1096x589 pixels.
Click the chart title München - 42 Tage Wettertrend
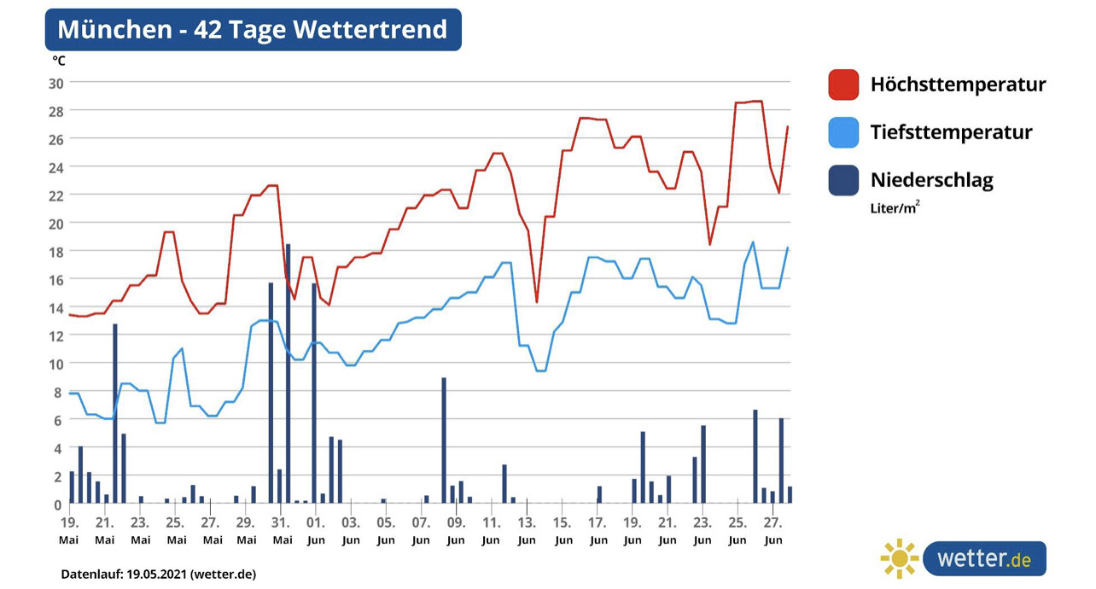tap(252, 30)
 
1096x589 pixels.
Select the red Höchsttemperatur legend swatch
tap(843, 85)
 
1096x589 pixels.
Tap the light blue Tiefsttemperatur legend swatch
tap(843, 132)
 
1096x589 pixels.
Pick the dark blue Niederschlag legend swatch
tap(843, 180)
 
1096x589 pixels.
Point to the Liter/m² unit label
tap(895, 207)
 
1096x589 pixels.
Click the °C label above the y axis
tap(59, 61)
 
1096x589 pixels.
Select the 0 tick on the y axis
tap(58, 504)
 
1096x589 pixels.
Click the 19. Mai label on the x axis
tap(69, 530)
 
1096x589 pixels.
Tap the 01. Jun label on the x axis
tap(316, 530)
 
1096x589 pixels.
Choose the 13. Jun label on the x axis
tap(527, 530)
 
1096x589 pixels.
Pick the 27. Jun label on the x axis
tap(772, 530)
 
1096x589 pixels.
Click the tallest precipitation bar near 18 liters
tap(289, 374)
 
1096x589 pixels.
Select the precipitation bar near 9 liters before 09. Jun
tap(444, 440)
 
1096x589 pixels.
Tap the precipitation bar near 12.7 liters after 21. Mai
tap(115, 413)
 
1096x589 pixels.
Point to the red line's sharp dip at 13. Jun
tap(536, 300)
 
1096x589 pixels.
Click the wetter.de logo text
tap(983, 559)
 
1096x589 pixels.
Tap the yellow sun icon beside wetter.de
tap(899, 559)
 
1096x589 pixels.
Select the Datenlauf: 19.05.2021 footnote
tap(158, 574)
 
